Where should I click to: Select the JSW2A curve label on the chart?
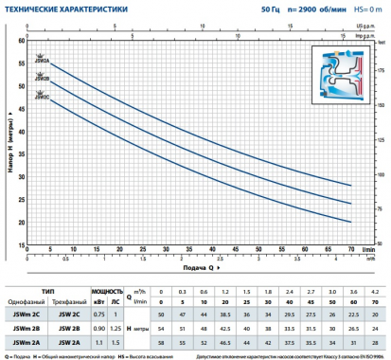41,59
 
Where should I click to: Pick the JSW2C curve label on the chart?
41,95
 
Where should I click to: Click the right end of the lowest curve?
349,222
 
